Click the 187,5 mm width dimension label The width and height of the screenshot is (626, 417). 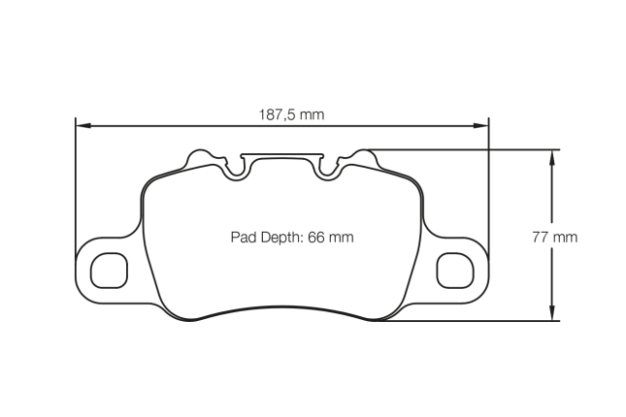pos(291,114)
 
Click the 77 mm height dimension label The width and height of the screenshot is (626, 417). pos(554,237)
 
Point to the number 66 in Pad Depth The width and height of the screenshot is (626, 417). pos(315,237)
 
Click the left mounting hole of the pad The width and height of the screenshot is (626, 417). pos(109,270)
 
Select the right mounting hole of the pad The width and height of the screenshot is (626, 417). pos(453,270)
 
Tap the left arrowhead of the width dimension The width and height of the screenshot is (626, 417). pos(82,125)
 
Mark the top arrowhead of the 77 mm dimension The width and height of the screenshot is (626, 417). pos(553,155)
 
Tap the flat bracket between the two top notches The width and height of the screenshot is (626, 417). pos(281,155)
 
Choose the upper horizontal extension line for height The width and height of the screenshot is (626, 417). pos(466,149)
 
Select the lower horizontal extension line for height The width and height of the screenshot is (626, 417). pos(466,320)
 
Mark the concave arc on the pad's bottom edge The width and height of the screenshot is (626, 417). pos(281,311)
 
